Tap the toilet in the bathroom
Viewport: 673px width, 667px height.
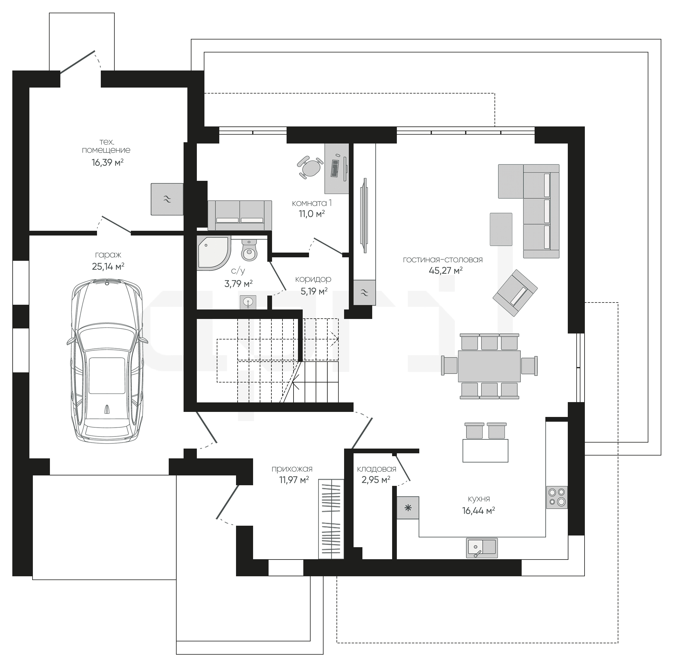(x=249, y=250)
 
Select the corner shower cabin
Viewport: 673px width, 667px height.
(x=214, y=253)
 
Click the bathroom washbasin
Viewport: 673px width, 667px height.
(x=248, y=302)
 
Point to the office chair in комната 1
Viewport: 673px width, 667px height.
(x=309, y=167)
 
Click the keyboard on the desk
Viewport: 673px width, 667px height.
(x=335, y=168)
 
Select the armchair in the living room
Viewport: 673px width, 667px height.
(x=515, y=293)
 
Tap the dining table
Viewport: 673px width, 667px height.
(x=489, y=366)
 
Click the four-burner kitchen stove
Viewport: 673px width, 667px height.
(x=557, y=497)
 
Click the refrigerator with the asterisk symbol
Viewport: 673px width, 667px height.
(x=408, y=508)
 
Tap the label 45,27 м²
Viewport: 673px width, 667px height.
(x=446, y=270)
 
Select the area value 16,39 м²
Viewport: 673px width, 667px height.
(x=108, y=162)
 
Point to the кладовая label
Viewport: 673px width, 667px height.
(x=377, y=469)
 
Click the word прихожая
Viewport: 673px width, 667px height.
(x=292, y=469)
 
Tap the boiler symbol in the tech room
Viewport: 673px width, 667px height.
(x=167, y=199)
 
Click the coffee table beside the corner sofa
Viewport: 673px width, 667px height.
(x=501, y=229)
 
